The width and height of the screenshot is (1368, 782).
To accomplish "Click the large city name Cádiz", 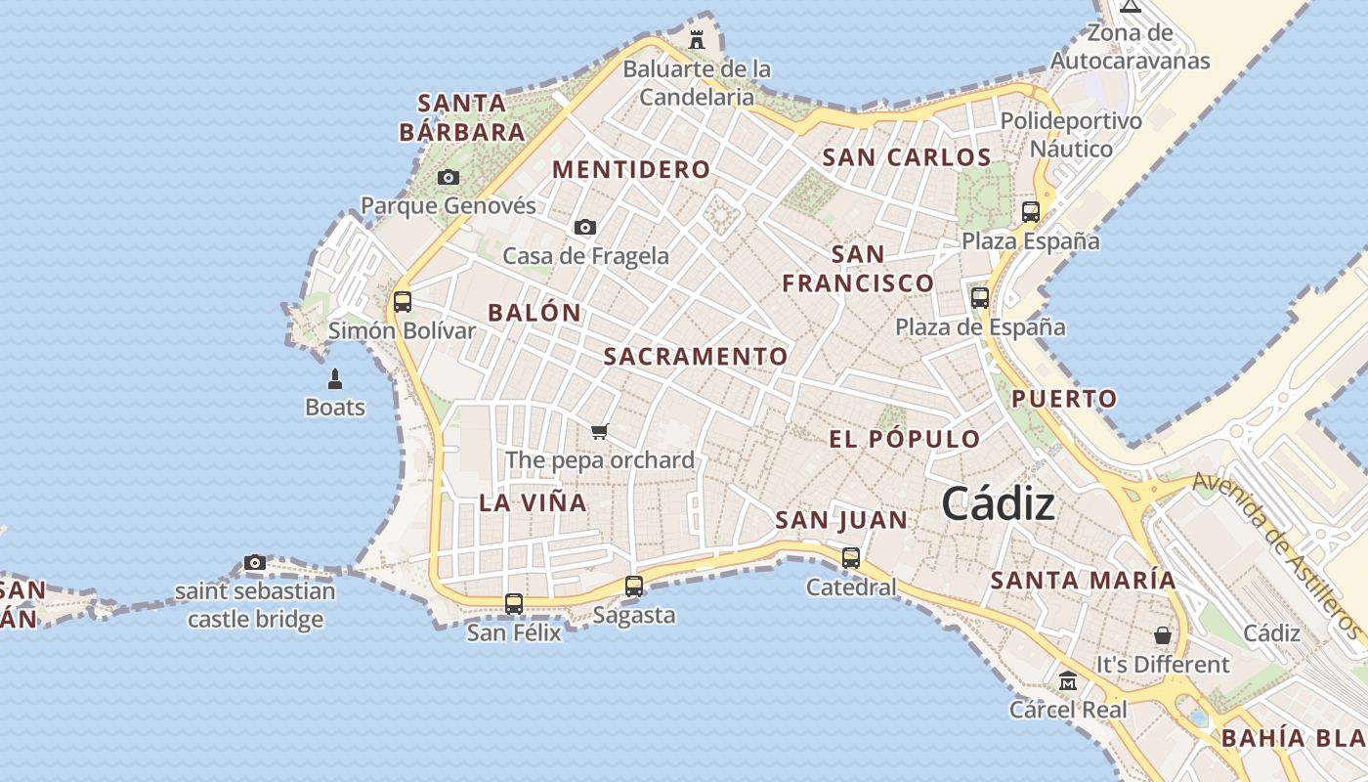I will pyautogui.click(x=999, y=504).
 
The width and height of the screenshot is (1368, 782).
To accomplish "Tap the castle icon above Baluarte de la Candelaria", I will pyautogui.click(x=697, y=40).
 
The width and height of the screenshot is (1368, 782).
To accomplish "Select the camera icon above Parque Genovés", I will pyautogui.click(x=449, y=177).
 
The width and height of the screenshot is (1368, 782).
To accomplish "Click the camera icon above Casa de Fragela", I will pyautogui.click(x=585, y=227).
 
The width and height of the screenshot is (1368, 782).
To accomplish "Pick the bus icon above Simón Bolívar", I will pyautogui.click(x=403, y=302).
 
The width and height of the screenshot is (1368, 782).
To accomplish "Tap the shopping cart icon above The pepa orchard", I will pyautogui.click(x=600, y=431).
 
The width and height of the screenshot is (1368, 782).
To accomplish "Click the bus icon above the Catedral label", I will pyautogui.click(x=851, y=558).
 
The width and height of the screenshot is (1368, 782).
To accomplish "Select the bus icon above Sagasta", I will pyautogui.click(x=634, y=586).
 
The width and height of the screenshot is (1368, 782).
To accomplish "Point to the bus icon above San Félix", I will pyautogui.click(x=514, y=604).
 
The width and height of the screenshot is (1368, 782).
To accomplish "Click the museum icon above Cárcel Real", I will pyautogui.click(x=1068, y=680).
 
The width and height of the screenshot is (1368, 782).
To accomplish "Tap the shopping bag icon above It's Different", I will pyautogui.click(x=1163, y=635).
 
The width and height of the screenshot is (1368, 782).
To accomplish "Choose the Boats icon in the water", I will pyautogui.click(x=335, y=379).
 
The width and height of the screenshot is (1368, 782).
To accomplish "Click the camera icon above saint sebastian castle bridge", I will pyautogui.click(x=255, y=562).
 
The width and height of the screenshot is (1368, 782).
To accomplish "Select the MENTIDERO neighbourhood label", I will pyautogui.click(x=631, y=169).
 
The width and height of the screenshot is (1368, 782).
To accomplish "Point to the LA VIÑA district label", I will pyautogui.click(x=533, y=502).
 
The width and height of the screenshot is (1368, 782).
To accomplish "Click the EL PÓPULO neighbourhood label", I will pyautogui.click(x=904, y=439).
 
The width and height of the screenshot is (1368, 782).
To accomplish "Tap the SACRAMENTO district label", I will pyautogui.click(x=696, y=357).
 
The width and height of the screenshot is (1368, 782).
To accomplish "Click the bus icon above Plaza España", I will pyautogui.click(x=1030, y=211).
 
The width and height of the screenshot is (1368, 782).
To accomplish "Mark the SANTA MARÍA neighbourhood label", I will pyautogui.click(x=1084, y=580).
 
